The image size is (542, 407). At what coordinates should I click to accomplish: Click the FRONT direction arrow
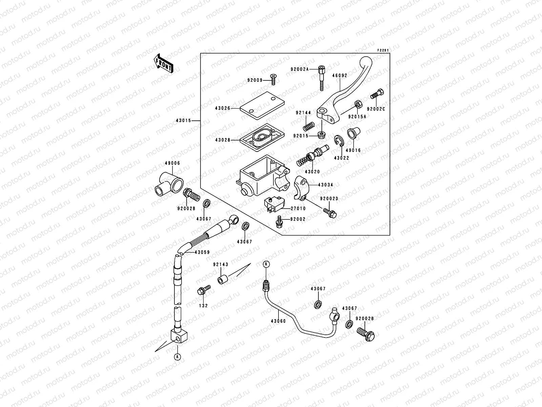(x=163, y=64)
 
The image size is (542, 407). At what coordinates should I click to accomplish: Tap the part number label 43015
(x=184, y=121)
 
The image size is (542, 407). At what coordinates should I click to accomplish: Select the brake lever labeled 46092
(x=345, y=90)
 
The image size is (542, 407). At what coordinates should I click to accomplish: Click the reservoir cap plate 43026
(x=262, y=105)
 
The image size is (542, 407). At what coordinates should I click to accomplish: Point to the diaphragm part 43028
(x=262, y=137)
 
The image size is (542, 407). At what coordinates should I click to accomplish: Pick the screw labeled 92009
(x=273, y=79)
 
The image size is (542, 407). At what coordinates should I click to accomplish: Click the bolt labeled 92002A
(x=321, y=78)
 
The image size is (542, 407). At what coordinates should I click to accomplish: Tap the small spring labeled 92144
(x=309, y=127)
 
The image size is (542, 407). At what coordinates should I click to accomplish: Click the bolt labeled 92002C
(x=377, y=94)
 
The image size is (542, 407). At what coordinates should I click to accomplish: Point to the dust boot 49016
(x=354, y=133)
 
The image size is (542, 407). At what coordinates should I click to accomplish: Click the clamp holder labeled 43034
(x=301, y=188)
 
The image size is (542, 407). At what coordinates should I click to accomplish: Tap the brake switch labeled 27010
(x=274, y=205)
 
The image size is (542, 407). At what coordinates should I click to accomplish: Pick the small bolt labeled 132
(x=204, y=290)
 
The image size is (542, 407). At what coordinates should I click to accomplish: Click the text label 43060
(x=278, y=321)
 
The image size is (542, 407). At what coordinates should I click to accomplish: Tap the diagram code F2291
(x=383, y=51)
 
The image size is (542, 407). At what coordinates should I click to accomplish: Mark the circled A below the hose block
(x=177, y=357)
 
